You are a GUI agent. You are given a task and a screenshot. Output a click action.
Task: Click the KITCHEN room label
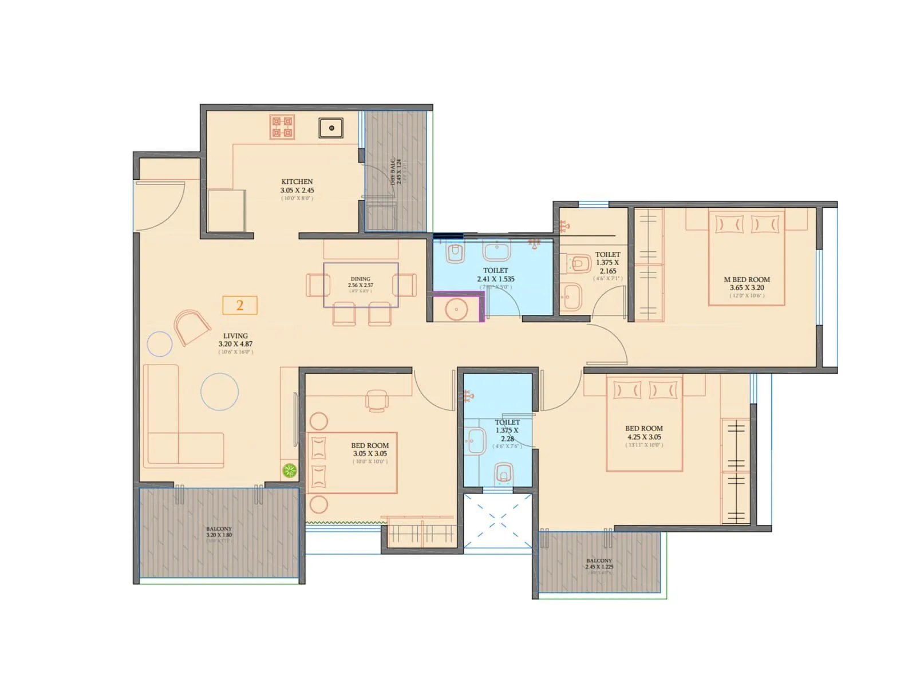tap(297, 182)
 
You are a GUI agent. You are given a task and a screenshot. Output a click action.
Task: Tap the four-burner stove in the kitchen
tap(282, 127)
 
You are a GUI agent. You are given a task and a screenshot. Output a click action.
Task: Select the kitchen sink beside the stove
tap(331, 128)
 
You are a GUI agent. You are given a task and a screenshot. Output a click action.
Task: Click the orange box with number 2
tap(240, 305)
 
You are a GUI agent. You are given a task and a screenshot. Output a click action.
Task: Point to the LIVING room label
tap(235, 336)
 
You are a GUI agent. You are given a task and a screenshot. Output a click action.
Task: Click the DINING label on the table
tap(360, 279)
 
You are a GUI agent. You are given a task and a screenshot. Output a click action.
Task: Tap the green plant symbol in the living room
tap(290, 471)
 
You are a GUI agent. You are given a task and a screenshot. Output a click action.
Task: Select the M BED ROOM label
tap(747, 280)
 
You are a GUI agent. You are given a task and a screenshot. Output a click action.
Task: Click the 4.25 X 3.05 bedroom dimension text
tap(644, 437)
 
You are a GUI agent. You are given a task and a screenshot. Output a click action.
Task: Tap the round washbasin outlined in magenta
tap(456, 310)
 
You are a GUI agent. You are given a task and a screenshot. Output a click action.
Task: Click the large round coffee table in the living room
tap(219, 392)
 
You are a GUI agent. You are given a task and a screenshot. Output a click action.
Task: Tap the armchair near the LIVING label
tap(191, 327)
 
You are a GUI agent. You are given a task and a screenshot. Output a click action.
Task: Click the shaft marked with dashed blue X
tap(497, 520)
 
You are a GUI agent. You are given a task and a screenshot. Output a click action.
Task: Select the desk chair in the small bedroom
tap(377, 400)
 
